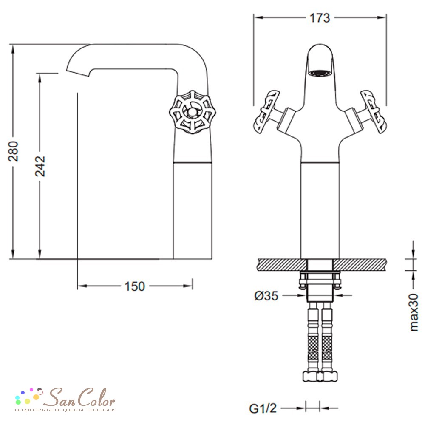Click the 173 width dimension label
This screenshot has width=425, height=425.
click(320, 18)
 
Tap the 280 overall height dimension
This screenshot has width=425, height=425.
click(13, 151)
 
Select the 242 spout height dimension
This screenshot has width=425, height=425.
click(40, 166)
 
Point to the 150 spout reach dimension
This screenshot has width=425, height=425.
click(135, 286)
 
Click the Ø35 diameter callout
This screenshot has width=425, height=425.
click(266, 295)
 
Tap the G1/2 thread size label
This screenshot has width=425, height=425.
click(263, 408)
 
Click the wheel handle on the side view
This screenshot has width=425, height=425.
click(193, 112)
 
